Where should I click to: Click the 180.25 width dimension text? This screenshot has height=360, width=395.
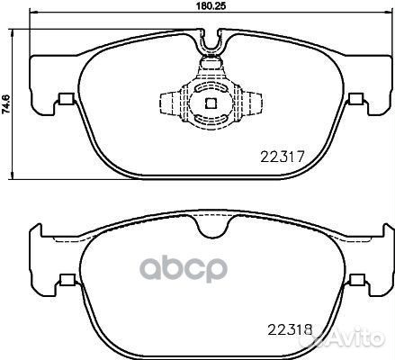tap(211, 7)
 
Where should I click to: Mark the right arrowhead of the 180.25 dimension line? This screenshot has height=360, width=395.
tap(388, 15)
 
